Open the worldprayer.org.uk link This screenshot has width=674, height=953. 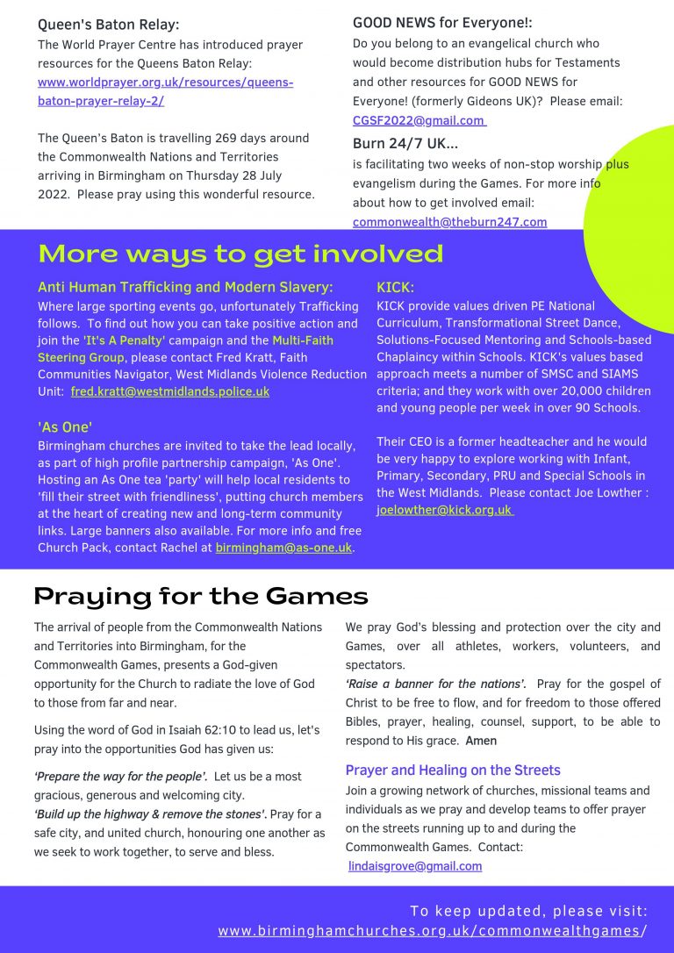point(165,83)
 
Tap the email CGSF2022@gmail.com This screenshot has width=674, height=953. point(419,120)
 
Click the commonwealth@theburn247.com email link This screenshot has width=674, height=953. point(449,222)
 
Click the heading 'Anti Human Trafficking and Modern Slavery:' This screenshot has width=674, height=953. point(185,287)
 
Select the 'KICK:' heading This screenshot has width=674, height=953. point(395,287)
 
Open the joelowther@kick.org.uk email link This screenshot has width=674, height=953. point(444,510)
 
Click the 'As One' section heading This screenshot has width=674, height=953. point(65,427)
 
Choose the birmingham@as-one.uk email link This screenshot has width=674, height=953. point(283,548)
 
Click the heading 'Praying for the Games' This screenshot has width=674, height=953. point(201,597)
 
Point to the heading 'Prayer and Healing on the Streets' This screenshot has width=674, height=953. point(453,770)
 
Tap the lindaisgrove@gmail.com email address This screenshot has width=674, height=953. point(415,866)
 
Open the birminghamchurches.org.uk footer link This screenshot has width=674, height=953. point(433,930)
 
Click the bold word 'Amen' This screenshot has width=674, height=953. point(481,741)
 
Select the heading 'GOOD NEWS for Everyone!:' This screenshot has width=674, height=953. point(442,23)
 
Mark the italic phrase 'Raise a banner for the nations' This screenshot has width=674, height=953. point(435,684)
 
